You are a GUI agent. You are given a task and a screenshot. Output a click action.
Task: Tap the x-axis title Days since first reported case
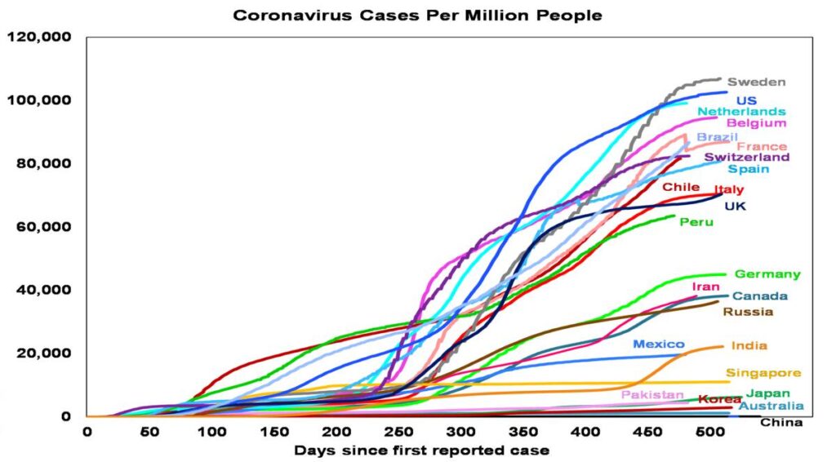tap(421, 450)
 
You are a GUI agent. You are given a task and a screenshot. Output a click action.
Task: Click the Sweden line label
tap(756, 82)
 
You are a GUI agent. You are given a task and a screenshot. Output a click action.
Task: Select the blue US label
tap(746, 100)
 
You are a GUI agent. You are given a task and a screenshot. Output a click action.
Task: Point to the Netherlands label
tap(741, 111)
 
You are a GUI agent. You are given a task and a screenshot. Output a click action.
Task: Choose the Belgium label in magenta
tap(756, 123)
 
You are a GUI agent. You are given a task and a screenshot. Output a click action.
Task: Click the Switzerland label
tap(746, 157)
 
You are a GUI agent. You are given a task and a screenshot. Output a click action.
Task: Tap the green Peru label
tap(696, 222)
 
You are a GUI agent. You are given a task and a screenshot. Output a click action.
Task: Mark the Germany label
tap(767, 274)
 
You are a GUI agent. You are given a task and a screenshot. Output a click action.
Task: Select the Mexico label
tap(658, 344)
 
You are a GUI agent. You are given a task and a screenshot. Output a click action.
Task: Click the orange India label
tap(749, 346)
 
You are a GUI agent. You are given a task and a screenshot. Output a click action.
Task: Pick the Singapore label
tap(763, 373)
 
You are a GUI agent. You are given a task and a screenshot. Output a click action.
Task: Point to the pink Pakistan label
tap(651, 395)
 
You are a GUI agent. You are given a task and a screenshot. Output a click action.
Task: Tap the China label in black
tap(781, 422)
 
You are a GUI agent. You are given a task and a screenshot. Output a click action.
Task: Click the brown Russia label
tap(747, 312)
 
